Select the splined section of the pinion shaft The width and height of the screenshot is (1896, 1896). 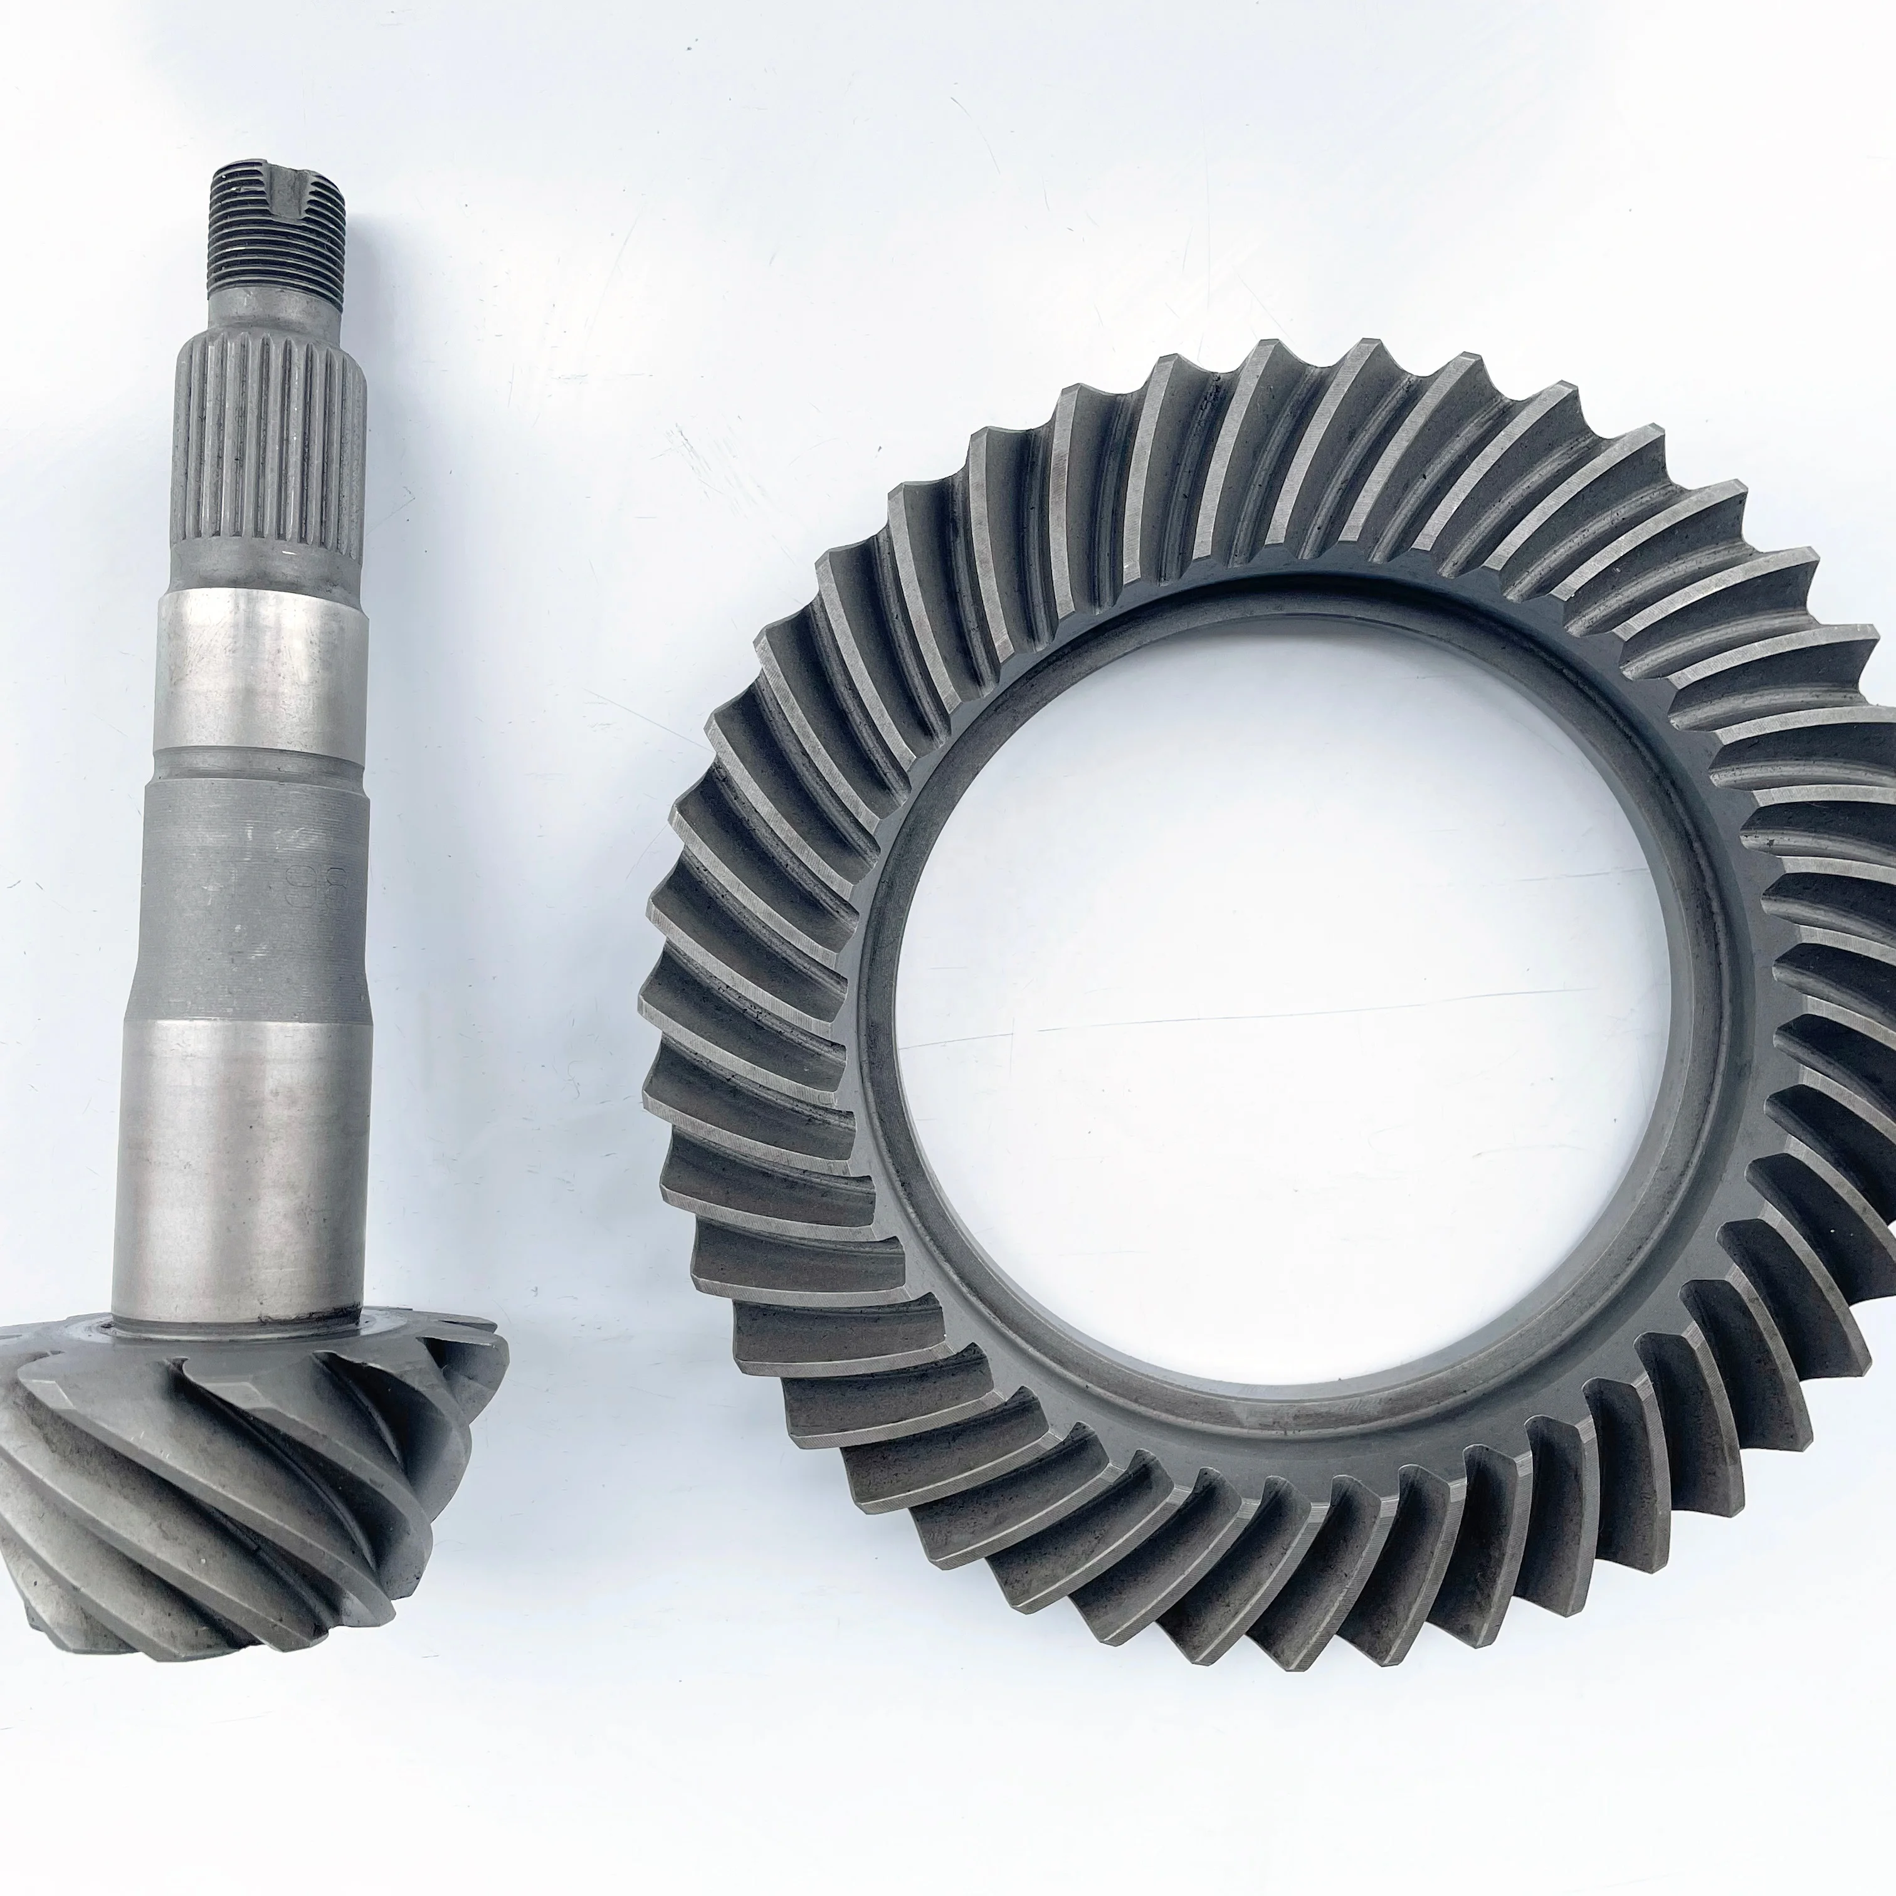coord(273,461)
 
